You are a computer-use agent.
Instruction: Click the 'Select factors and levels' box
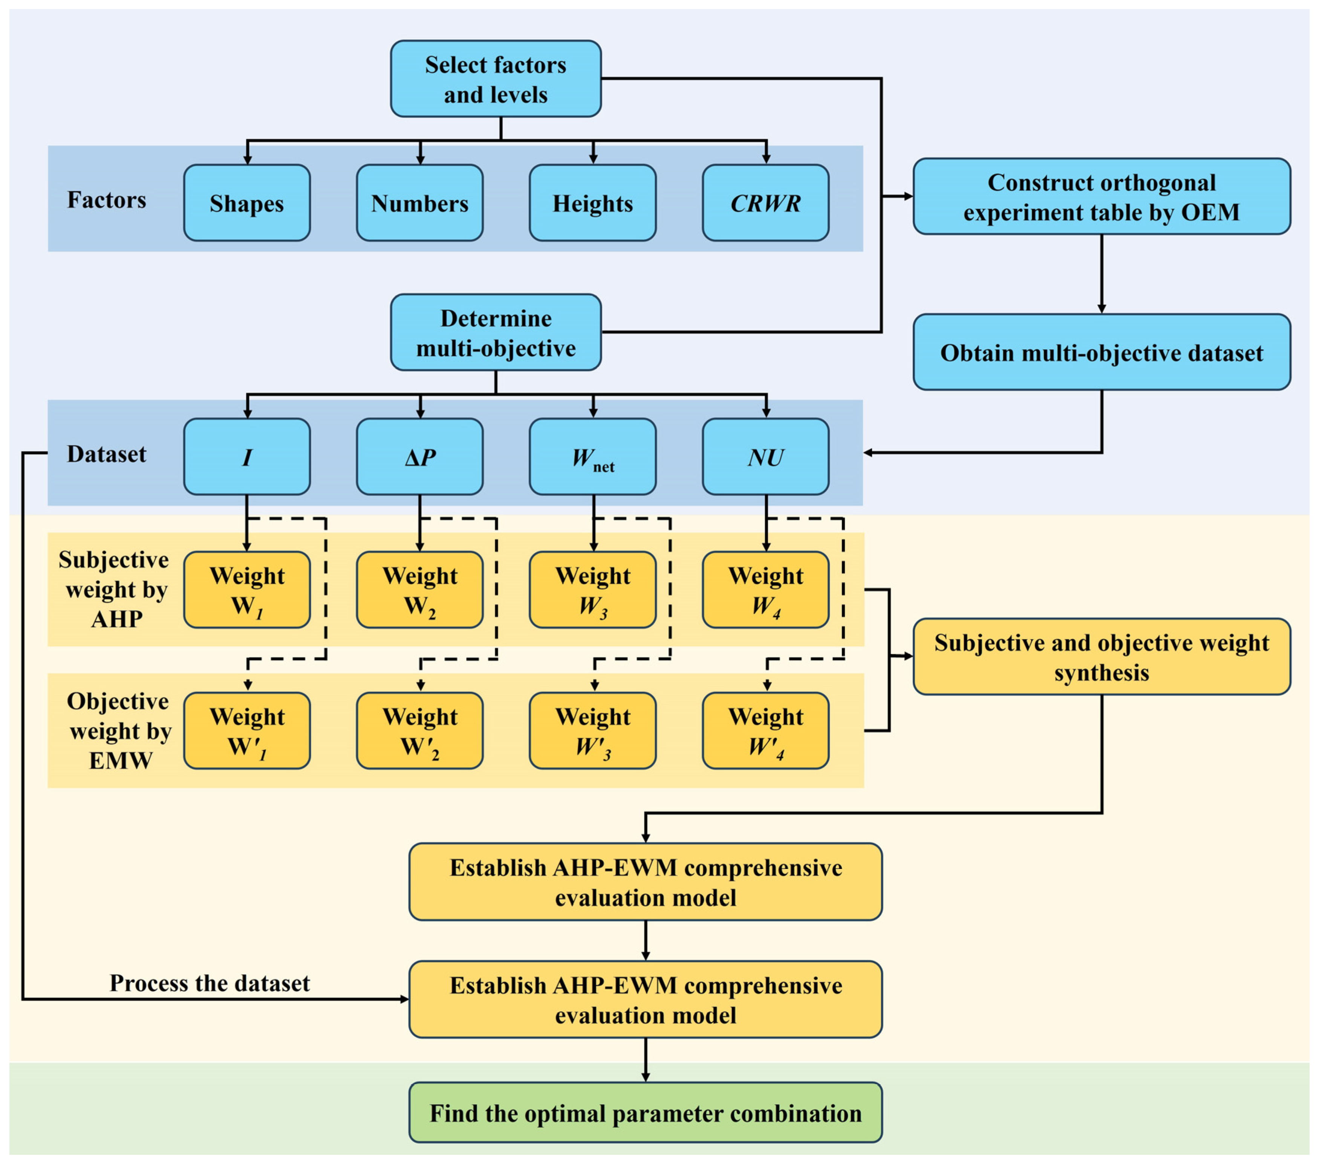(x=496, y=79)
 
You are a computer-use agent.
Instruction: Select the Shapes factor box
(x=246, y=203)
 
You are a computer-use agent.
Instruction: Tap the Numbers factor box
(x=419, y=203)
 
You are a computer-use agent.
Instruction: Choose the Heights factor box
(x=592, y=203)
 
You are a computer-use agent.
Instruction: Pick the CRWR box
(x=765, y=203)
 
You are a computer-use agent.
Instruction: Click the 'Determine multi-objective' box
(x=496, y=333)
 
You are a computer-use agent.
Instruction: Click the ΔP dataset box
(x=419, y=457)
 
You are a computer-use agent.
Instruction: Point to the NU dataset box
(x=765, y=457)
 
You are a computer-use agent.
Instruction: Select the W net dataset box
(x=592, y=457)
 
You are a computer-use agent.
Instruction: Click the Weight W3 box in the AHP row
(x=592, y=589)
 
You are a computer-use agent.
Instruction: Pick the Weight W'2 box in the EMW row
(x=419, y=731)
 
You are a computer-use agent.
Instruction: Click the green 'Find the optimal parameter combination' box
(x=645, y=1113)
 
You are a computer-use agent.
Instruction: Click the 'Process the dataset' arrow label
(x=210, y=983)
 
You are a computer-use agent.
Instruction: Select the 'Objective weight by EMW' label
(x=119, y=731)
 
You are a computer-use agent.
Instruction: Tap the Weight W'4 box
(x=765, y=731)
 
